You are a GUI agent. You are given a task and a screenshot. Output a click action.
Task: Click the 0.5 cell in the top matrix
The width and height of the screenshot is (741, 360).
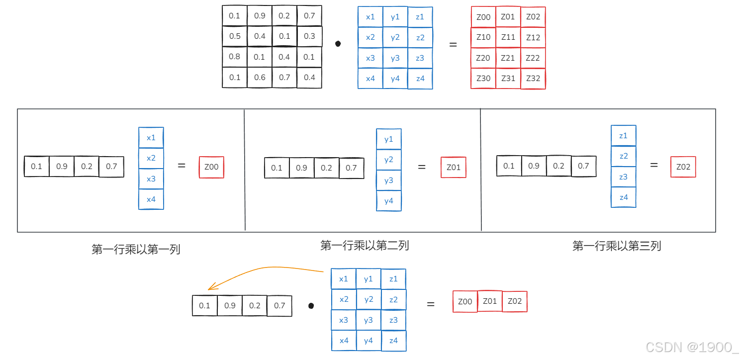[235, 36]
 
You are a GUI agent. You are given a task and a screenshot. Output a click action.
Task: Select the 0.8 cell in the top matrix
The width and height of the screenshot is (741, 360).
[235, 57]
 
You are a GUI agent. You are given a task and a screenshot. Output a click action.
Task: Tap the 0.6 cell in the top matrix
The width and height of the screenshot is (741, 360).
[260, 78]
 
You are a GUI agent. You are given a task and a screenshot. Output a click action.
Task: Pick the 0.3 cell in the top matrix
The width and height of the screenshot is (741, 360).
[309, 36]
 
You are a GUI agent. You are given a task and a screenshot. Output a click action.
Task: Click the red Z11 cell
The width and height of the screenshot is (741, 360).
[508, 37]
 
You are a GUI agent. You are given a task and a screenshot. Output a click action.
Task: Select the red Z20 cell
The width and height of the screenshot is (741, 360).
[483, 58]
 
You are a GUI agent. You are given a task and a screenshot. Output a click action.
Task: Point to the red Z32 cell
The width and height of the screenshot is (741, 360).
[533, 79]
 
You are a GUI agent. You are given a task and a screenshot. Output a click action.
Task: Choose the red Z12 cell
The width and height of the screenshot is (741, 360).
[533, 37]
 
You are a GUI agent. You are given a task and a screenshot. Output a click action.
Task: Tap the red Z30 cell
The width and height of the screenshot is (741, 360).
[483, 79]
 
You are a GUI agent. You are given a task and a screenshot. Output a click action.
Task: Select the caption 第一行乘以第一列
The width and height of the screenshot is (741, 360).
[136, 249]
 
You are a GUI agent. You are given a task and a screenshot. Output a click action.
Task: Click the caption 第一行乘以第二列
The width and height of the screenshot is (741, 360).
[365, 245]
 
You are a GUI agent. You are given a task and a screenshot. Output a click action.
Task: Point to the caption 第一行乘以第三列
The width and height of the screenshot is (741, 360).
[617, 246]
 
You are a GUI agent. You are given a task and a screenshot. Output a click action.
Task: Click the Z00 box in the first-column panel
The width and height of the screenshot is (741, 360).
[211, 167]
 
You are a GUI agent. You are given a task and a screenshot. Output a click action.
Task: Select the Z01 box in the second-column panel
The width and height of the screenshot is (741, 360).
[454, 167]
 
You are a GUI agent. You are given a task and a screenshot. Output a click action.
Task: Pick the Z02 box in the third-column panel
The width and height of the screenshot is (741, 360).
[683, 167]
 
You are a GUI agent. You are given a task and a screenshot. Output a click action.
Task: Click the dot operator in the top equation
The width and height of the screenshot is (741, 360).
[338, 44]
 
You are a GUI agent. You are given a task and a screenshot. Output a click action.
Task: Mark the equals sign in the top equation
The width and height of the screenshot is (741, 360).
[453, 44]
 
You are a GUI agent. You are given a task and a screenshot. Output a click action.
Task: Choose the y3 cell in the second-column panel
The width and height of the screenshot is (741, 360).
[389, 180]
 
